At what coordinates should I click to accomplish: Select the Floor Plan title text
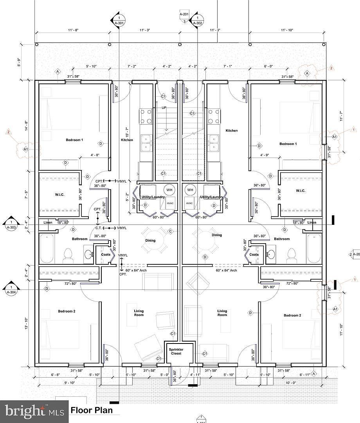coord(92,410)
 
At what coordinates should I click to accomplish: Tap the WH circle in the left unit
coord(169,190)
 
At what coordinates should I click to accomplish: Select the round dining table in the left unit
coord(151,240)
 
